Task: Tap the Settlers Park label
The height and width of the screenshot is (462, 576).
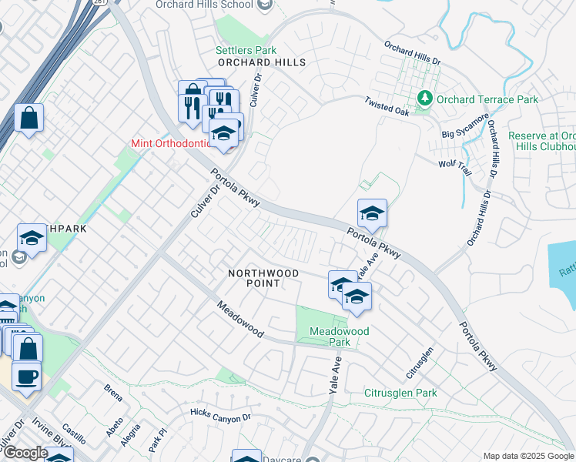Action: point(246,50)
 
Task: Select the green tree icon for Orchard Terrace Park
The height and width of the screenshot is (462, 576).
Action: point(424,99)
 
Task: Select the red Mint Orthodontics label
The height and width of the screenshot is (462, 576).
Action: point(169,143)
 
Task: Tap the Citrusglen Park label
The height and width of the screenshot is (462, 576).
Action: point(400,393)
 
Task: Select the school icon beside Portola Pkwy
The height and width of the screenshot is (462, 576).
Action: point(372,214)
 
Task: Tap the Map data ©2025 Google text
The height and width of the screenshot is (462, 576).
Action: point(528,456)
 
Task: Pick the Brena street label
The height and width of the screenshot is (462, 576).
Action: point(113,393)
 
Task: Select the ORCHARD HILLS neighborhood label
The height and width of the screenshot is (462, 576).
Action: point(262,62)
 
